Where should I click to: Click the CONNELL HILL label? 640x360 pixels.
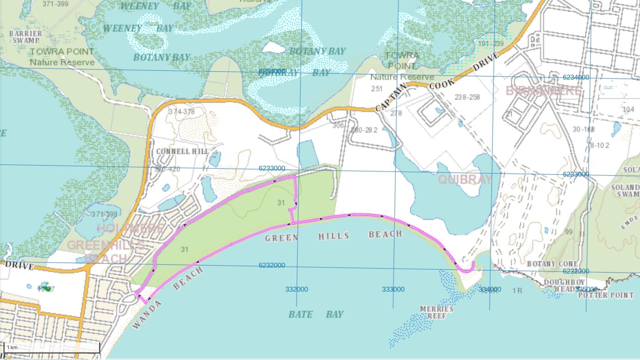pyautogui.click(x=182, y=151)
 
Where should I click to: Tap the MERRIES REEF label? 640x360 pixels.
pyautogui.click(x=436, y=312)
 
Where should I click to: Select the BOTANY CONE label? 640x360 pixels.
pyautogui.click(x=546, y=264)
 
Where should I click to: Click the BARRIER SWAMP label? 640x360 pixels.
pyautogui.click(x=25, y=37)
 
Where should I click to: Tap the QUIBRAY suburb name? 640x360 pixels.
pyautogui.click(x=464, y=179)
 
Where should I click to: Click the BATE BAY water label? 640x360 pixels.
pyautogui.click(x=316, y=314)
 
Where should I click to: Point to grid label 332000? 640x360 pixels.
pyautogui.click(x=297, y=289)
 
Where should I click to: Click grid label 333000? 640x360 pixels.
pyautogui.click(x=393, y=289)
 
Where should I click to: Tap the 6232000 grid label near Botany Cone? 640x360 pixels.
pyautogui.click(x=576, y=271)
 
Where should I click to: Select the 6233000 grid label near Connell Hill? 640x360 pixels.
pyautogui.click(x=271, y=168)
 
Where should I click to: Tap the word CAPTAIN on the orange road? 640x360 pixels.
pyautogui.click(x=391, y=97)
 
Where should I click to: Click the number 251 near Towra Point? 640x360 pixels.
pyautogui.click(x=377, y=88)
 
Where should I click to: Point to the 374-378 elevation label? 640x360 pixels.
pyautogui.click(x=181, y=112)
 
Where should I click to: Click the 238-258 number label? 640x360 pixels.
pyautogui.click(x=467, y=97)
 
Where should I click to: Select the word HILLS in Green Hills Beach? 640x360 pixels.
pyautogui.click(x=333, y=236)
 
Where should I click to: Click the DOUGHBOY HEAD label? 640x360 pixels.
pyautogui.click(x=559, y=285)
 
